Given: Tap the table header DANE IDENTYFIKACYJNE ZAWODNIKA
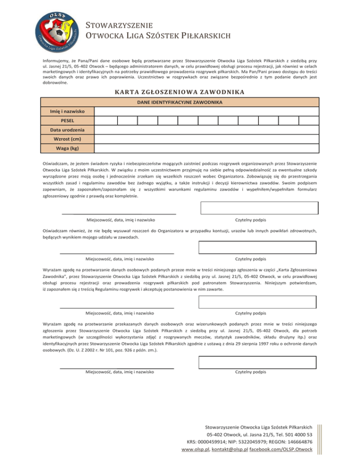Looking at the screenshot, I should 180,102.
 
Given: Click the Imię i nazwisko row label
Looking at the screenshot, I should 61,112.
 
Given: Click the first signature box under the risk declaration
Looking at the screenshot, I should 259,208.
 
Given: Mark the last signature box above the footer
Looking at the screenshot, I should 259,362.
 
